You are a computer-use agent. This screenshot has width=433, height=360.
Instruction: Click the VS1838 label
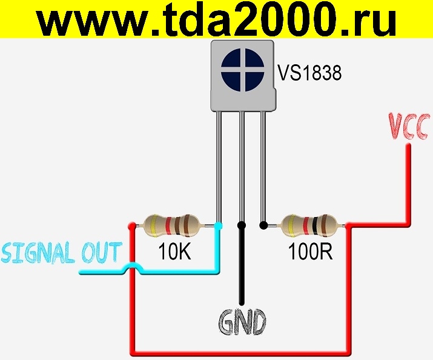pos(309,73)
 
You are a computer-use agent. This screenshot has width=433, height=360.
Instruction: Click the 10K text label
pos(174,252)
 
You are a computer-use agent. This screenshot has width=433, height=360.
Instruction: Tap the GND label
pos(242,322)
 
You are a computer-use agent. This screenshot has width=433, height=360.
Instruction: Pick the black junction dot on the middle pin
pos(241,226)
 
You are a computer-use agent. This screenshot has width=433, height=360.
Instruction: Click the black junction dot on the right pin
pos(263,226)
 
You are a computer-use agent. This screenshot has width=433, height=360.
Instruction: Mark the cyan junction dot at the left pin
pos(219,226)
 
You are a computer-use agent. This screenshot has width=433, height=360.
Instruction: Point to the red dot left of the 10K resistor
pos(131,226)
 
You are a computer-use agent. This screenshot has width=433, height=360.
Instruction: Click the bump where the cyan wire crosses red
pos(131,268)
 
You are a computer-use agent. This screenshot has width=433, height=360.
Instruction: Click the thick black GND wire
pos(241,267)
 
